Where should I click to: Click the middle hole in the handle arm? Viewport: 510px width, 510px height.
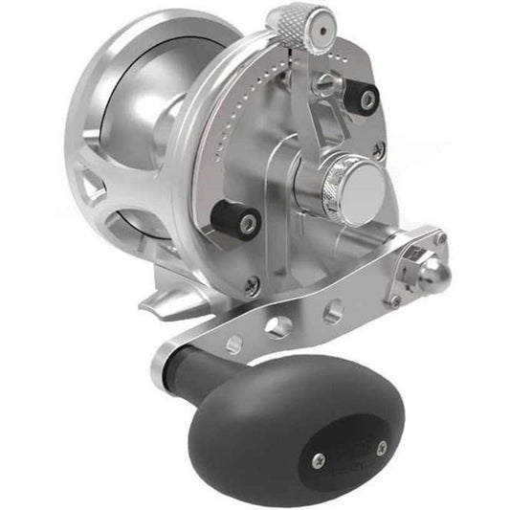(278, 326)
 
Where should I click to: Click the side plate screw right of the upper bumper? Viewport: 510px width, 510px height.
(379, 151)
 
